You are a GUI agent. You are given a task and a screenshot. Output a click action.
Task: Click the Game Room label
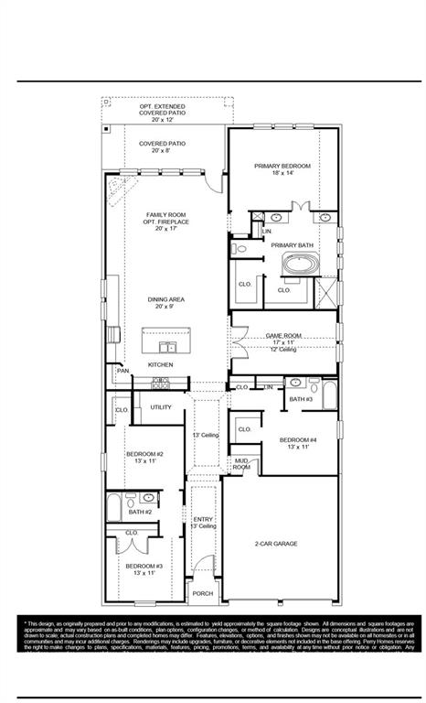(283, 336)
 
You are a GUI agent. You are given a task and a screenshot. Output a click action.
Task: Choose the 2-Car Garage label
(274, 545)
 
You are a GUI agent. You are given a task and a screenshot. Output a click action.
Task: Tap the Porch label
(203, 593)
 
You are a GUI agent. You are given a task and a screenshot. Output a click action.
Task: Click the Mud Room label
(241, 464)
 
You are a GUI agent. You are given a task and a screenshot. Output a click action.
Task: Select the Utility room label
(161, 407)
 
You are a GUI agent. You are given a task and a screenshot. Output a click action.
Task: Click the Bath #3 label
(302, 399)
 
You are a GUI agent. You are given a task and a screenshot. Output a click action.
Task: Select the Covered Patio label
(163, 147)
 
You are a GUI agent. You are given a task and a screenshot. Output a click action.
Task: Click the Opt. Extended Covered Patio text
(163, 113)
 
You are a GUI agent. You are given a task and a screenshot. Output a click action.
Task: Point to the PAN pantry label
(122, 371)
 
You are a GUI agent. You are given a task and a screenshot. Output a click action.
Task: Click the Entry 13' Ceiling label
(204, 523)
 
